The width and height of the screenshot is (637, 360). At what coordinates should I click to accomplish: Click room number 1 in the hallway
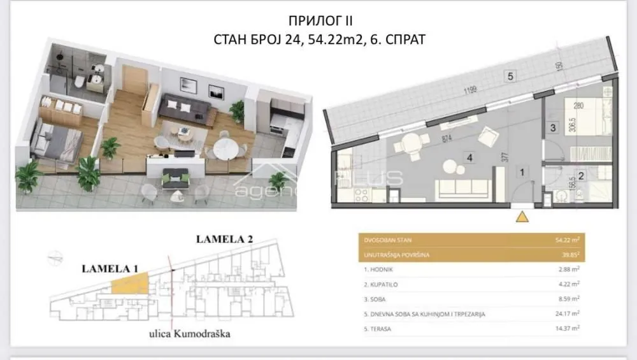click(521, 171)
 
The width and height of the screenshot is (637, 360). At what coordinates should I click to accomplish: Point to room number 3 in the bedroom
click(554, 127)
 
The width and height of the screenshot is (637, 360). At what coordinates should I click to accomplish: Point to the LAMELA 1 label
click(110, 268)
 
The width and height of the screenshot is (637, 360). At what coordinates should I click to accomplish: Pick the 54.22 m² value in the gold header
click(566, 241)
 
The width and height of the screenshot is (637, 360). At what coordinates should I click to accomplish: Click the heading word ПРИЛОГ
click(294, 20)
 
